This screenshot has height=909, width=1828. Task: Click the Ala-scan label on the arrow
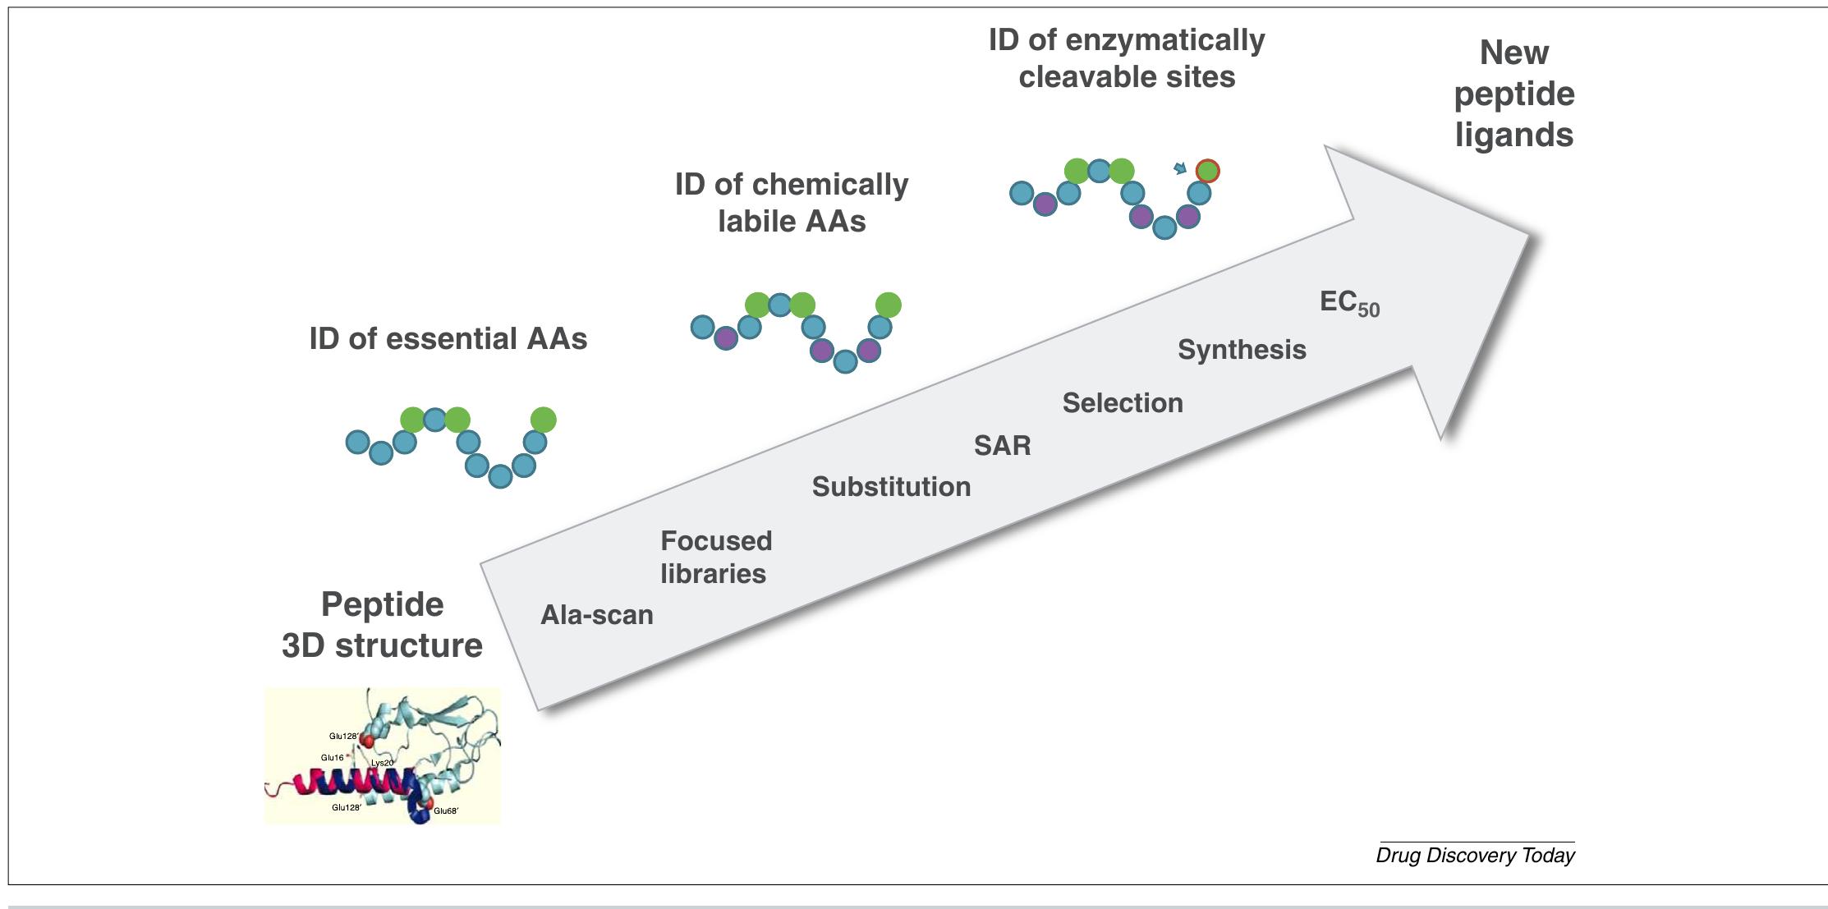pos(597,615)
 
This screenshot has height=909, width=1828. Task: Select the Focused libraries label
pos(715,558)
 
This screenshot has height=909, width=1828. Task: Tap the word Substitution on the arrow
pos(891,487)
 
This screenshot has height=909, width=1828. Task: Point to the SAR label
pos(1002,446)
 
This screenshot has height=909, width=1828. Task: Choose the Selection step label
pos(1123,403)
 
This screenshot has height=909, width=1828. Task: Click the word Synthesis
pos(1242,350)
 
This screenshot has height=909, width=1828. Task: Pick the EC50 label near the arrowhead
pos(1349,303)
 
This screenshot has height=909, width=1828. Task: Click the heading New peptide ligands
pos(1513,94)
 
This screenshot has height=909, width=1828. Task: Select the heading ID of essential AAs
pos(448,339)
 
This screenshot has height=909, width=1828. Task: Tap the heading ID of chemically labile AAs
pos(792,203)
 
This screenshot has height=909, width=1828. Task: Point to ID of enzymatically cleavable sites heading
pos(1127,58)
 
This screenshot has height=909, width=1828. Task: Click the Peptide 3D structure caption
pos(382,625)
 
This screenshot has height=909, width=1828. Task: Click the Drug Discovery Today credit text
pos(1475,856)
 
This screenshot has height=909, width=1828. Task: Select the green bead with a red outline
pos(1207,171)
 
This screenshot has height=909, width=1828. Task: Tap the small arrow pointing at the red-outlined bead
pos(1180,168)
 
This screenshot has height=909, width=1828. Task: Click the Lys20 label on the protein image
pos(382,763)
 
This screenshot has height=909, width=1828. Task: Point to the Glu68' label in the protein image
pos(446,810)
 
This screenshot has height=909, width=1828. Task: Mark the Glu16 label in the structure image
pos(333,757)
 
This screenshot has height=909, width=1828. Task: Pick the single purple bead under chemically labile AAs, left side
pos(726,337)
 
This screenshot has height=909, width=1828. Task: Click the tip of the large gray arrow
pos(1529,236)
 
